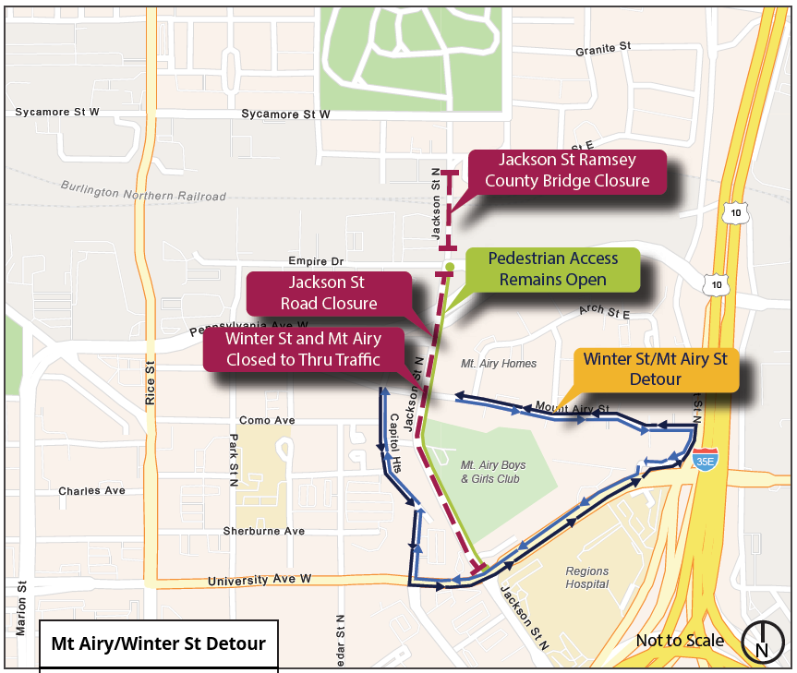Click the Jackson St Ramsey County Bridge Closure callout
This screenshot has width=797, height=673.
(x=567, y=171)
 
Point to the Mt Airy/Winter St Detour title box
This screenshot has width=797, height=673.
(x=158, y=643)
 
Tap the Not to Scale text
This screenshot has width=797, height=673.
(x=680, y=641)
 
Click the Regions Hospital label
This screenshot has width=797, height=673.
(x=587, y=577)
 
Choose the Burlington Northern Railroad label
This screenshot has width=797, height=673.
(x=144, y=190)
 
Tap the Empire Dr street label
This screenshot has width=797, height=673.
(x=315, y=261)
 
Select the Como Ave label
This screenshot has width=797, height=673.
(x=266, y=420)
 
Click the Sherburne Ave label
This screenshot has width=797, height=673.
(x=263, y=531)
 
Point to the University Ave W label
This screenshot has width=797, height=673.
(x=260, y=580)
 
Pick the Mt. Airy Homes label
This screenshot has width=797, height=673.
(x=499, y=364)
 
